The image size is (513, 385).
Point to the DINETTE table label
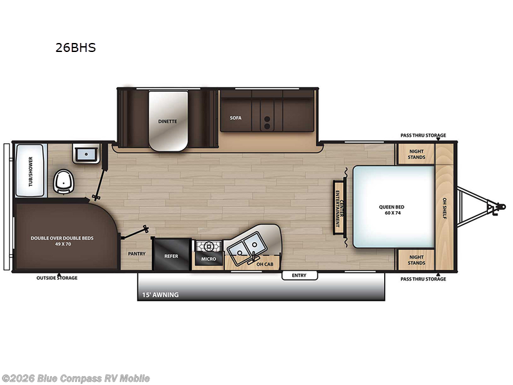tap(168, 121)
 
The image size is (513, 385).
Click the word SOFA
tap(235, 118)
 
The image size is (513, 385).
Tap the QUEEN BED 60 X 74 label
tap(392, 209)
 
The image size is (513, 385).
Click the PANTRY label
tap(137, 253)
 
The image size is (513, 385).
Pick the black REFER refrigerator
tap(171, 254)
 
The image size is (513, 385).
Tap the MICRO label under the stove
tap(207, 259)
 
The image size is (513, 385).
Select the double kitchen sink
tap(245, 244)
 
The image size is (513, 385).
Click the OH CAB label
tap(264, 264)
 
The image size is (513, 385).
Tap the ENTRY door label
tap(299, 275)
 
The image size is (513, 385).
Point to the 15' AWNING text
tap(160, 295)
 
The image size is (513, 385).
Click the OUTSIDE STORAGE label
tap(58, 278)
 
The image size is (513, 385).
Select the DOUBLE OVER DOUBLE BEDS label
tap(62, 241)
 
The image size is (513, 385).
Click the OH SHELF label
tap(444, 207)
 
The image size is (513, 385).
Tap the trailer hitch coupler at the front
tap(492, 207)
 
